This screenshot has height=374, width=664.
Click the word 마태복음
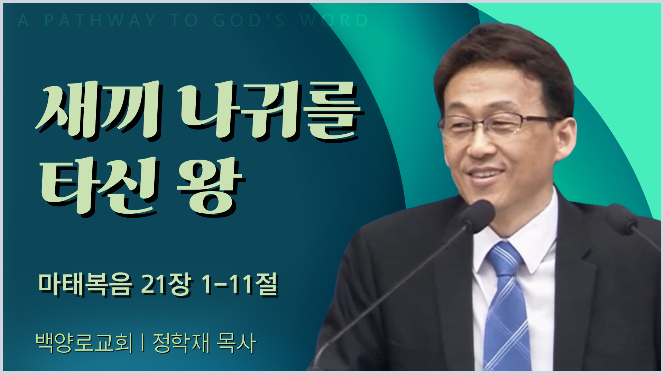(x=85, y=285)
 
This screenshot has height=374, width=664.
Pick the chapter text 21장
(x=165, y=285)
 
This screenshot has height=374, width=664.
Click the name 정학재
(x=181, y=342)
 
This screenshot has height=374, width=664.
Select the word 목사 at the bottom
(x=236, y=342)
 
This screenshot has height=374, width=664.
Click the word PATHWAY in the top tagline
(x=100, y=20)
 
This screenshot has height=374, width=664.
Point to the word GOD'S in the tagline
(x=249, y=20)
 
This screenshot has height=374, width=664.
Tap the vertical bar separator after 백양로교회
(x=142, y=343)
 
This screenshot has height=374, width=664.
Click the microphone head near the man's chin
(x=477, y=215)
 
